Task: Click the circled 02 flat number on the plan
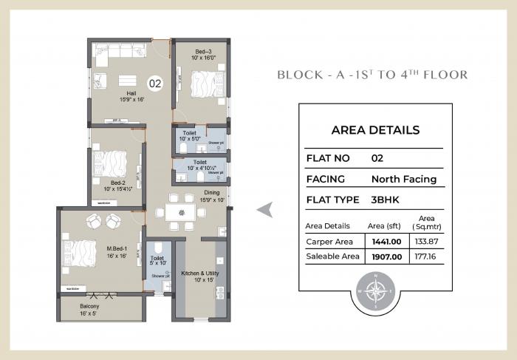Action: click(x=155, y=84)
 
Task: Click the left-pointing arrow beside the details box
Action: click(x=263, y=211)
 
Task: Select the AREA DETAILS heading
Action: click(x=375, y=130)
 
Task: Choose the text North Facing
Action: click(x=403, y=179)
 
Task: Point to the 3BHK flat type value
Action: click(x=386, y=200)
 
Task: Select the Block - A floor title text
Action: click(x=372, y=75)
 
